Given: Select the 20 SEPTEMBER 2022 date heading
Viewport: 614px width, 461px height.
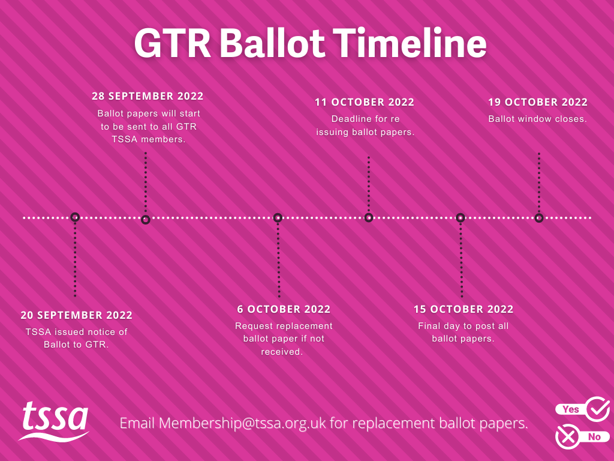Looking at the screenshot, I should click(76, 315).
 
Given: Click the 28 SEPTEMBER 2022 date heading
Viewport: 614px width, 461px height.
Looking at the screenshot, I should click(148, 96).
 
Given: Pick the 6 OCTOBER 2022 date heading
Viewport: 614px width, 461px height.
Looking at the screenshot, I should click(284, 309).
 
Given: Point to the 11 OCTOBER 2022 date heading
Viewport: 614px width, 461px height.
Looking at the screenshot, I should click(365, 102).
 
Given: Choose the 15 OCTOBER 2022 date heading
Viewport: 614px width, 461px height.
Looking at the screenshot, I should click(463, 309).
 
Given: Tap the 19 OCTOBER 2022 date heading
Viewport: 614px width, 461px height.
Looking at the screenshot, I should click(538, 102).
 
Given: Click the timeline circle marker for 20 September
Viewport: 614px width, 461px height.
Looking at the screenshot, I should click(75, 217).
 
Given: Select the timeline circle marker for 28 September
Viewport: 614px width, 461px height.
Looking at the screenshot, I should click(145, 220).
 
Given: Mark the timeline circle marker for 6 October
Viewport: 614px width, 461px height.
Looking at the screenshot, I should click(278, 217).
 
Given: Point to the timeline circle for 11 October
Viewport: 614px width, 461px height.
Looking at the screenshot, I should click(369, 217).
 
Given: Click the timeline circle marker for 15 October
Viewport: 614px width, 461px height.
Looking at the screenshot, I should click(460, 217).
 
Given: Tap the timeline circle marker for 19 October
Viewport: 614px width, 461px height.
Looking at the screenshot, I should click(539, 217).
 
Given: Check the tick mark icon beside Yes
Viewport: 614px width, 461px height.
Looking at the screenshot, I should click(597, 409).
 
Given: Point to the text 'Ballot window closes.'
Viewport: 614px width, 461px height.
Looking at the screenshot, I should click(537, 119).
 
